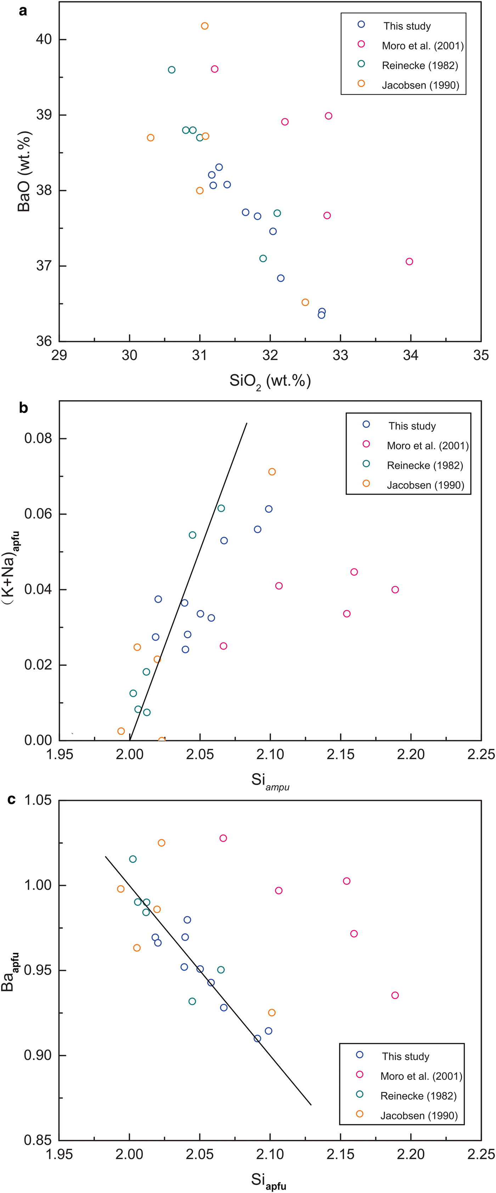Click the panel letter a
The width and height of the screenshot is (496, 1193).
23,10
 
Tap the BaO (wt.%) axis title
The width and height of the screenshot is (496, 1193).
24,171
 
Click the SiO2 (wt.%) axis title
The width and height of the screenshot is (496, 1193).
270,381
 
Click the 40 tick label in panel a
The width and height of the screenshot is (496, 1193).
44,39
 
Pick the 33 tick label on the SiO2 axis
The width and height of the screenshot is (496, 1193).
340,356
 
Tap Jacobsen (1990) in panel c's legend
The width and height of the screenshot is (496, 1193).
419,1116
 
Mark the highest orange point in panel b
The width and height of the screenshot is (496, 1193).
272,472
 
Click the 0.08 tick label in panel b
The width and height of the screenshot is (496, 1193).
38,438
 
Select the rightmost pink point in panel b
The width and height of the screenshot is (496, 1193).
395,589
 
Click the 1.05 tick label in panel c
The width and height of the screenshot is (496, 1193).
38,800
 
